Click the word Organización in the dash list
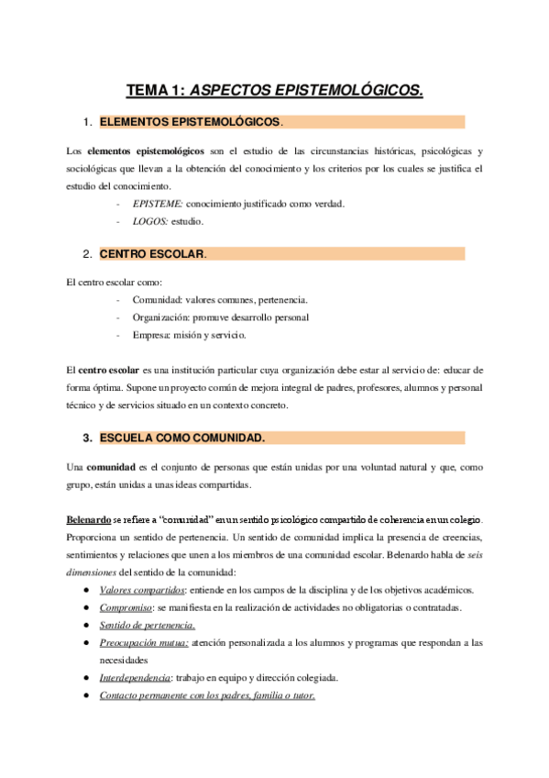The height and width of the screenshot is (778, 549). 161,317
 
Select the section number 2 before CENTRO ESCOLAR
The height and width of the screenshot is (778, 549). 85,254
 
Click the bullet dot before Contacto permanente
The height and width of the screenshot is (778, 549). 85,695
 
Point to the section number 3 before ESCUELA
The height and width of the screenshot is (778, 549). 85,438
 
